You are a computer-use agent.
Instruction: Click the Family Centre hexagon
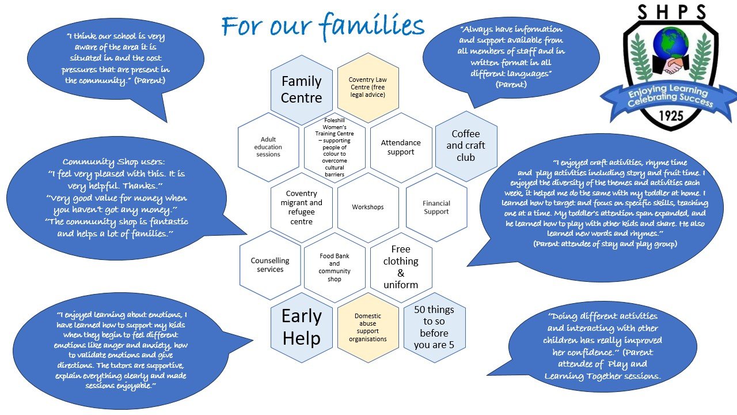coord(301,89)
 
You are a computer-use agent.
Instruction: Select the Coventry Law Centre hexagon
coord(368,87)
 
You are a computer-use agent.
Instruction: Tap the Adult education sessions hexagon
coord(268,147)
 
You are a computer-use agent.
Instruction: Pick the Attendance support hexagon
coord(401,148)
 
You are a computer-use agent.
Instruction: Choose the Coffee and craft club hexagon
coord(466,145)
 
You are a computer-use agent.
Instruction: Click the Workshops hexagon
coord(368,207)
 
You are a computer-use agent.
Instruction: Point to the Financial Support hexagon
coord(436,207)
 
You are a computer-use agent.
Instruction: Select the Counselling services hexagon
coord(270,265)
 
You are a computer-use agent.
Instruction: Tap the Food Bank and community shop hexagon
coord(335,267)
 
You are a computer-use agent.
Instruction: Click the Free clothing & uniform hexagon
coord(401,267)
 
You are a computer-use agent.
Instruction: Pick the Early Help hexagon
coord(302,327)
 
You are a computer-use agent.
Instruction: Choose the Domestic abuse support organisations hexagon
coord(368,327)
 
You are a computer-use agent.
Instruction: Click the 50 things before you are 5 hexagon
coord(434,327)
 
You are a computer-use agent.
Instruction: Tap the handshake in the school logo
coord(671,66)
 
